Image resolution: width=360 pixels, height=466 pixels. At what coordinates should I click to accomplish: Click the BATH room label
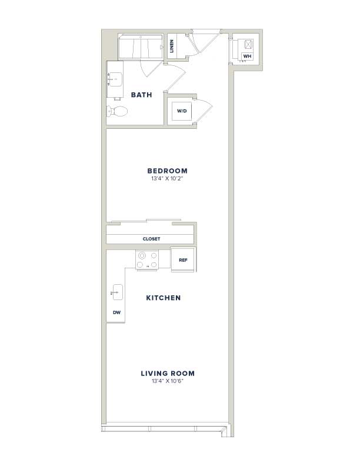(141, 95)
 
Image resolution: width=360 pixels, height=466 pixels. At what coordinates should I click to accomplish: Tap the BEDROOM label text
(168, 171)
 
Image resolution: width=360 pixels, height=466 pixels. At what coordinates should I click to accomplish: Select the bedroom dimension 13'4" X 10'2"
(168, 179)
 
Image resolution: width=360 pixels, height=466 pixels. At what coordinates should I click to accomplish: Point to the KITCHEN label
(164, 298)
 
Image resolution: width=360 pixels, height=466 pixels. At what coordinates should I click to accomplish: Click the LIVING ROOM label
(168, 374)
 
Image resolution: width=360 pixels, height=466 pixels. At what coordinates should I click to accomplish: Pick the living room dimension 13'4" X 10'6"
(168, 381)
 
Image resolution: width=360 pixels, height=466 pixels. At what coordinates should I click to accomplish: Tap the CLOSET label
(151, 239)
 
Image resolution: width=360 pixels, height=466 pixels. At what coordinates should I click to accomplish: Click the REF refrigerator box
(183, 259)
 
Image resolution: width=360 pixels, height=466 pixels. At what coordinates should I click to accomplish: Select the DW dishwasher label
(116, 312)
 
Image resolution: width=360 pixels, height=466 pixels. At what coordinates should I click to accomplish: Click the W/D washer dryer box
(182, 111)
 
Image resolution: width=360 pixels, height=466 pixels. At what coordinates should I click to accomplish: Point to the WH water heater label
(247, 56)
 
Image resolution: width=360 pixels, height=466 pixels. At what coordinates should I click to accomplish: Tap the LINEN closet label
(172, 46)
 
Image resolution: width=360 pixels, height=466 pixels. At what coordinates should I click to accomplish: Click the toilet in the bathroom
(117, 111)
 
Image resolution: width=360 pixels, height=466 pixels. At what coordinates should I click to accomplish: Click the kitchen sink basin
(117, 292)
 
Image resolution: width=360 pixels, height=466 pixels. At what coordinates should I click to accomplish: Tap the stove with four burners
(147, 260)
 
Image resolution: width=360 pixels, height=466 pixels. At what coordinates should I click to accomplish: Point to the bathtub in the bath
(141, 46)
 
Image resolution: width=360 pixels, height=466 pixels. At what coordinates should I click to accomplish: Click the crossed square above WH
(248, 44)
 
